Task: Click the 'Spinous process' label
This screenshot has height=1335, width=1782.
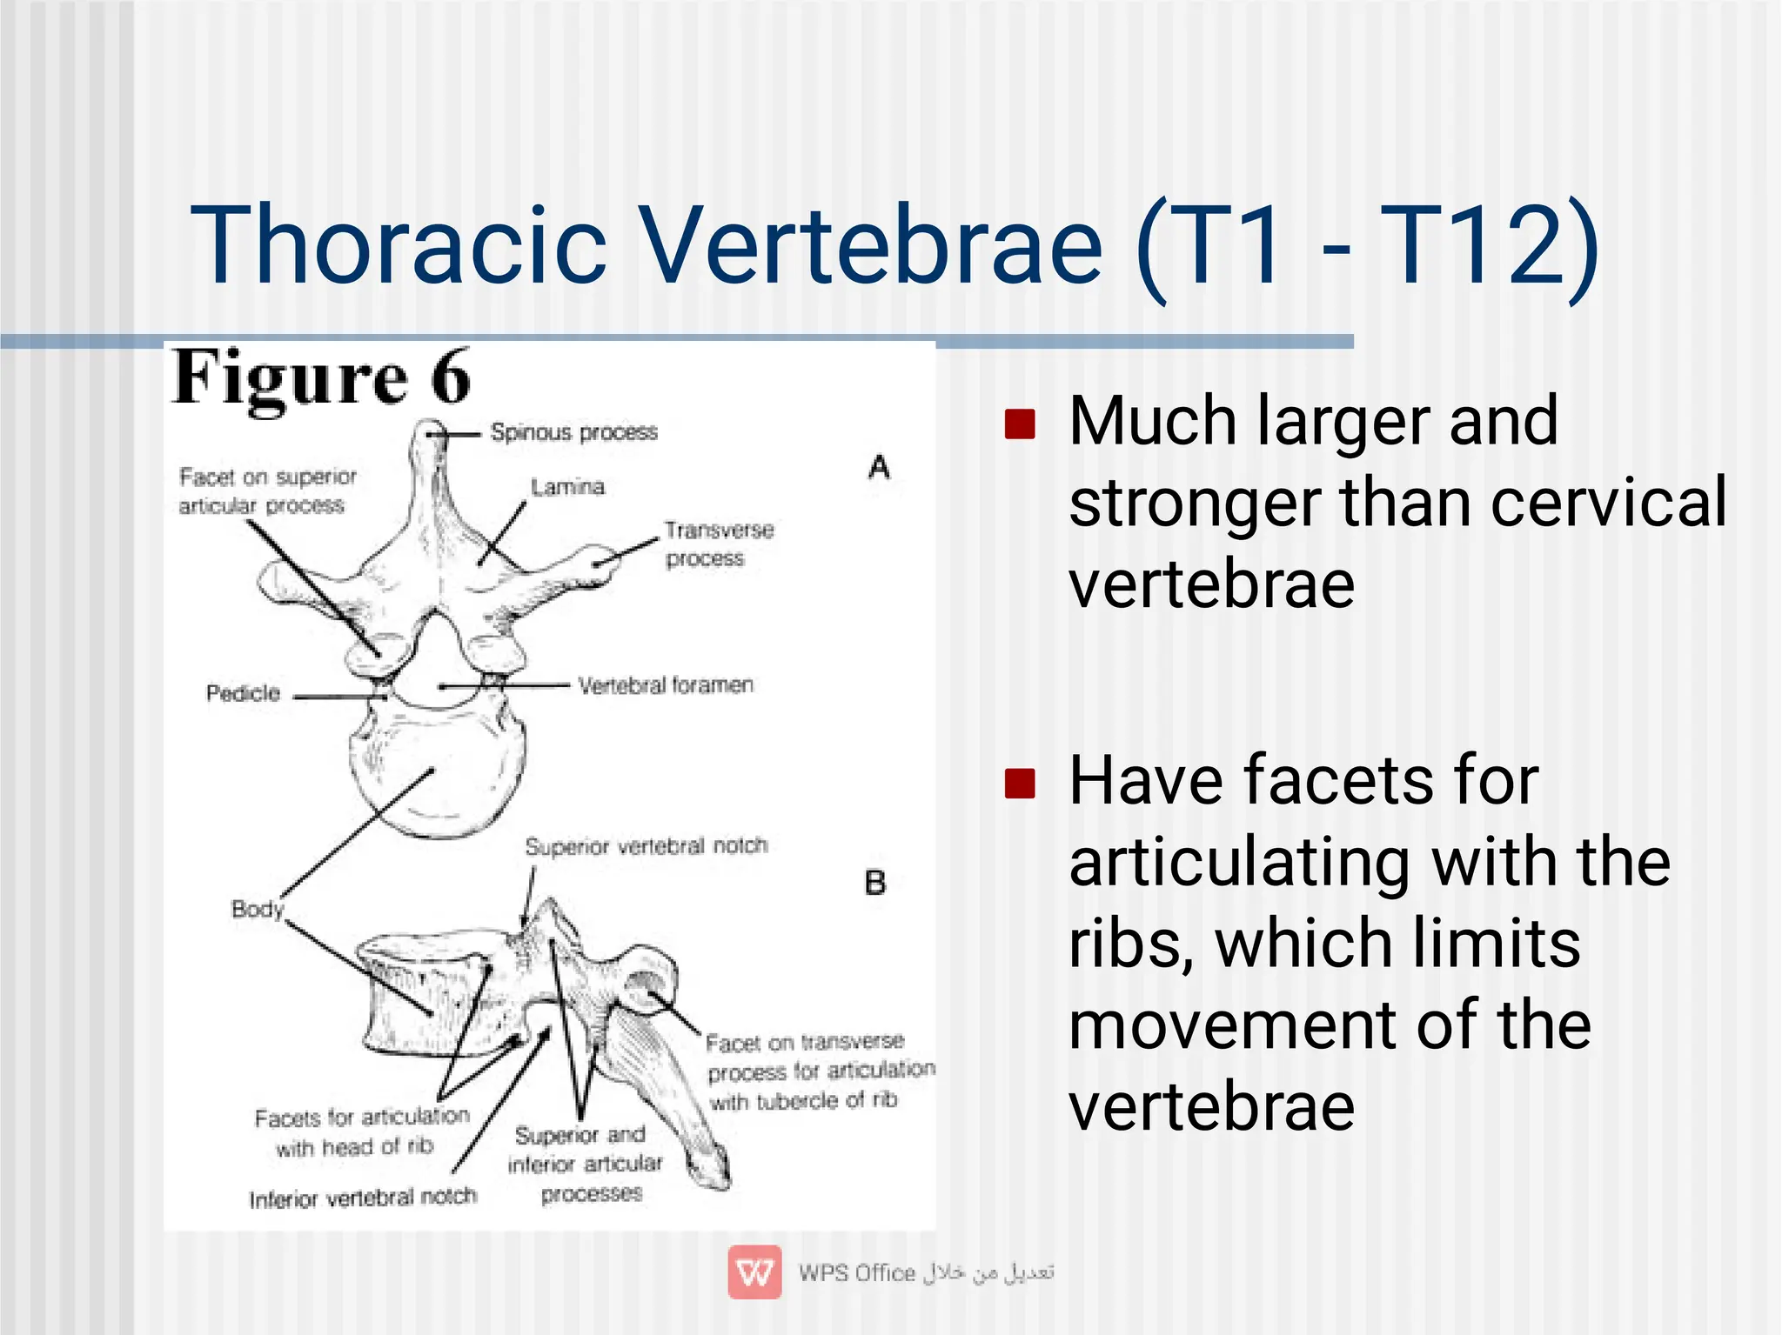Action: pos(573,432)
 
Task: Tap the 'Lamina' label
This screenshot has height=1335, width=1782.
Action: pos(567,487)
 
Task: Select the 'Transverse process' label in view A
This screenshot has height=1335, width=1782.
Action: pos(718,544)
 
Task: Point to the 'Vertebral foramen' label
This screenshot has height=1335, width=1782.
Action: pos(666,685)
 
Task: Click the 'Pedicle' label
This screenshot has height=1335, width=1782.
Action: pos(243,693)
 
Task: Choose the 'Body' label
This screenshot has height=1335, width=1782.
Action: pos(257,909)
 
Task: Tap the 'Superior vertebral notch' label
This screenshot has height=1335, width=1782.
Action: pos(646,846)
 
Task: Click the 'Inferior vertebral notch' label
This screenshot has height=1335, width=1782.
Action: pos(363,1198)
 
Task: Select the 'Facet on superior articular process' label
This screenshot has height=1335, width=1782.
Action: pos(267,491)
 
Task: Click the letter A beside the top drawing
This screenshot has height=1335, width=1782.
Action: pos(879,468)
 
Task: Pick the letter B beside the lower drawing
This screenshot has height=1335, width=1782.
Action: pos(874,884)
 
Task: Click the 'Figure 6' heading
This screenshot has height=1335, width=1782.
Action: pos(322,378)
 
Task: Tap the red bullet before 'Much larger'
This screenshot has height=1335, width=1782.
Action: pos(1019,424)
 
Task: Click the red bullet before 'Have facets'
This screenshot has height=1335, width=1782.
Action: pos(1019,783)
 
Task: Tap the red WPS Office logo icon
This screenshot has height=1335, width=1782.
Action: pos(754,1272)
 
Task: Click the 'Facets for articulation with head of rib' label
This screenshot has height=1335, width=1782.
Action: pos(361,1131)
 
